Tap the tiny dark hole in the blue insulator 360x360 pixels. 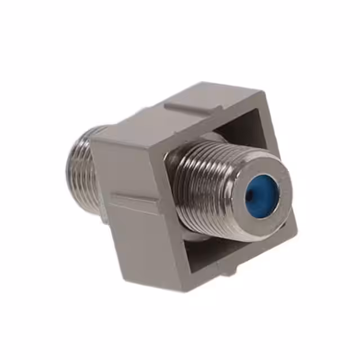[250, 196]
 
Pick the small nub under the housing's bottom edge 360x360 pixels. [227, 274]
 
